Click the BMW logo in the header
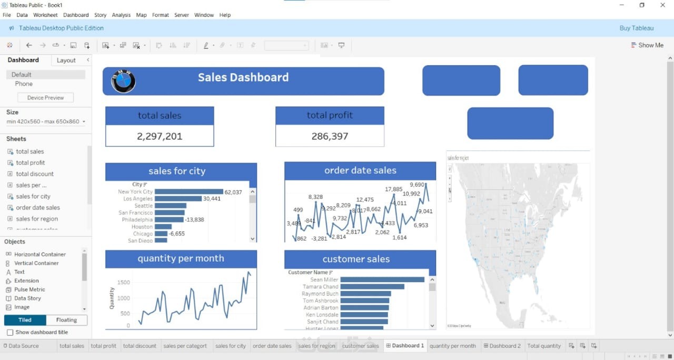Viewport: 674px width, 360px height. tap(123, 82)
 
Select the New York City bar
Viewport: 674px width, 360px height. tap(189, 192)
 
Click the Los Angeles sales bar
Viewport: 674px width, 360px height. tap(178, 199)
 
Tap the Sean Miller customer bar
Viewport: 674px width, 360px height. tap(382, 280)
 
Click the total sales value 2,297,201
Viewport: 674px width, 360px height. tap(160, 136)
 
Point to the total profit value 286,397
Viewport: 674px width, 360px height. tap(330, 136)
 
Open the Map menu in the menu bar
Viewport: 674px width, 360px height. tap(141, 15)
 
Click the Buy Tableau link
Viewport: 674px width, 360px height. tap(636, 28)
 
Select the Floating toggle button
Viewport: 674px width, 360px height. tap(66, 320)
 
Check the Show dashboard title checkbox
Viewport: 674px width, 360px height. tap(10, 333)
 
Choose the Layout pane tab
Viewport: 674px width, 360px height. tap(66, 61)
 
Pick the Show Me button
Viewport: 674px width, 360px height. tap(647, 45)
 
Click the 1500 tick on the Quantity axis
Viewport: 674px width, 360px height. tap(123, 283)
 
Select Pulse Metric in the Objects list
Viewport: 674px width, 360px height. tap(29, 289)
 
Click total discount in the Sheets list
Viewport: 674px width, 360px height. tap(35, 174)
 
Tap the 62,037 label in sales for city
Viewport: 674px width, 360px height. tap(233, 192)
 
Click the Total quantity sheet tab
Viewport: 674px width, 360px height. tap(544, 346)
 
